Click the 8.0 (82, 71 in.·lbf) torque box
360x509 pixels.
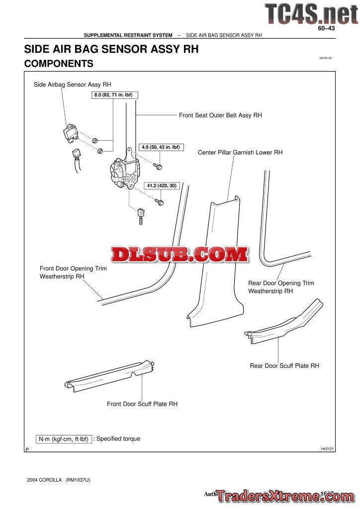[115, 94]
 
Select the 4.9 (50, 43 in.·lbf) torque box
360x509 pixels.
[160, 147]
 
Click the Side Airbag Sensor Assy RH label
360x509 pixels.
[73, 85]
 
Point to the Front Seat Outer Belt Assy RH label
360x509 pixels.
[220, 115]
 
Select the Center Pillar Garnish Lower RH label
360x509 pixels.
[240, 153]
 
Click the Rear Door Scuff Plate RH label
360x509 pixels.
[284, 366]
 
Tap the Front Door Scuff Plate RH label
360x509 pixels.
[142, 404]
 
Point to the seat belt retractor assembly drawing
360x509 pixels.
[123, 171]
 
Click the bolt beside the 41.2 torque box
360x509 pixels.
[159, 201]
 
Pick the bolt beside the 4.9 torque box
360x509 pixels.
[158, 166]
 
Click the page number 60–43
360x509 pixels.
[328, 29]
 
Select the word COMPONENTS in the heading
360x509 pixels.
[59, 64]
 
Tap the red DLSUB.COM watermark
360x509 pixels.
[179, 254]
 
